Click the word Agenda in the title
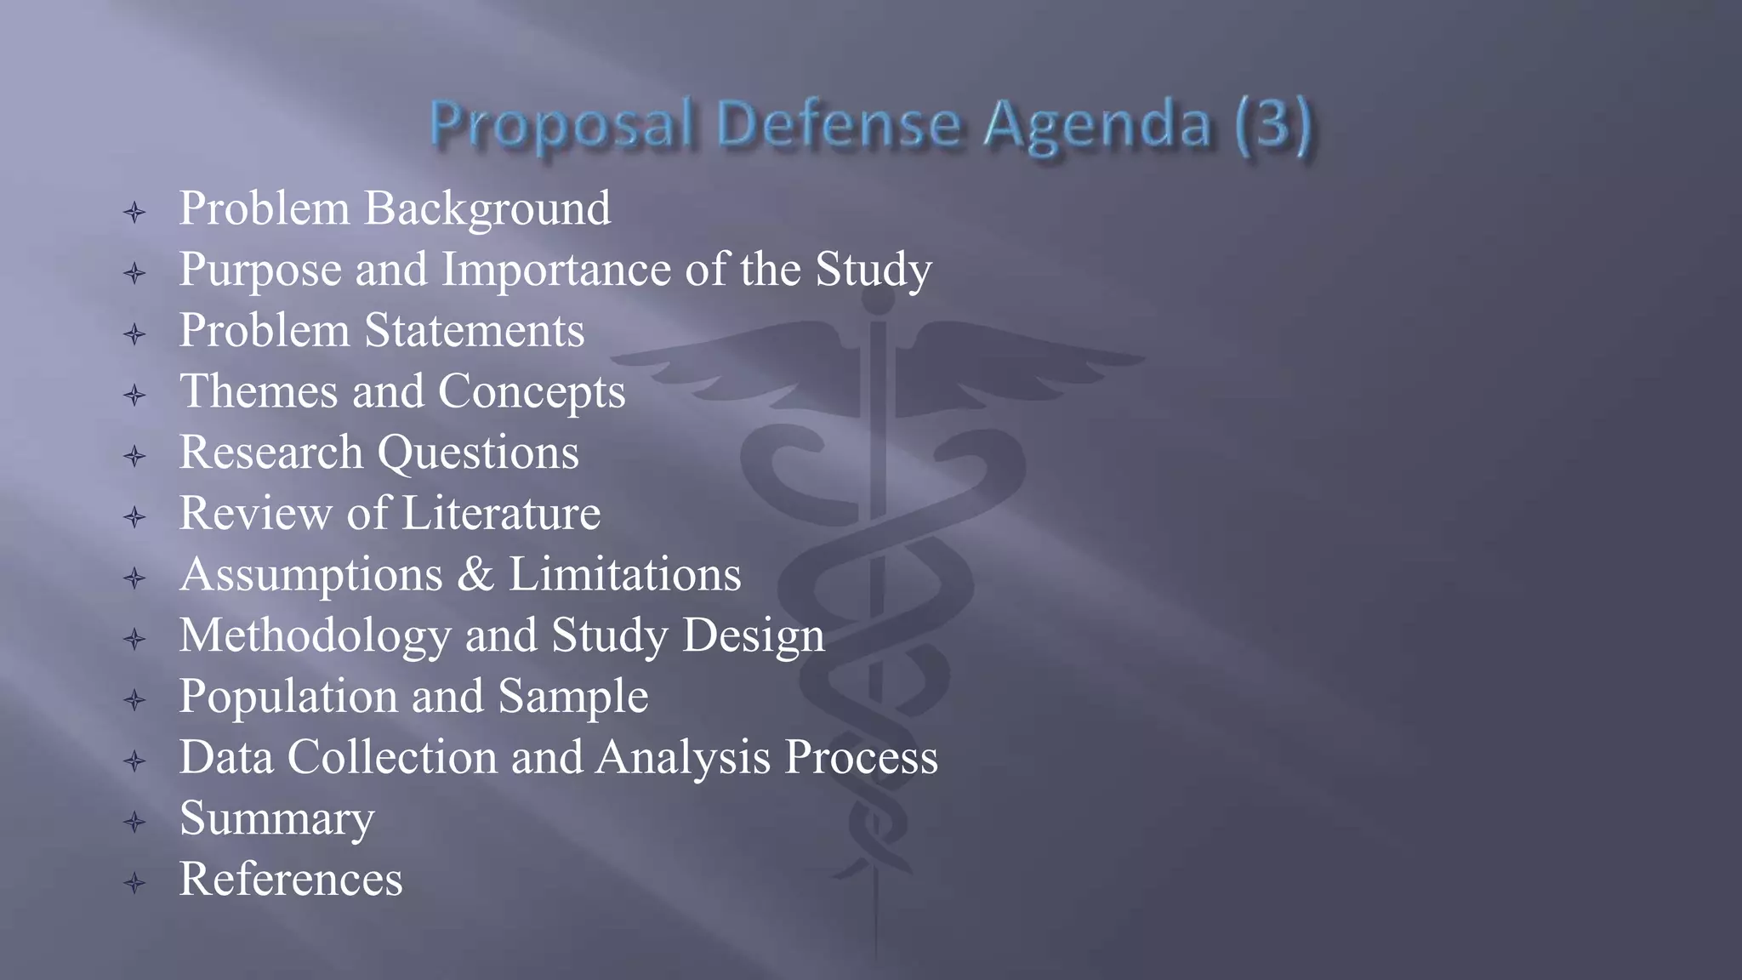click(x=1097, y=125)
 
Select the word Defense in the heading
click(x=840, y=125)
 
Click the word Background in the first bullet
click(x=487, y=209)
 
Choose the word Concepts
click(x=532, y=392)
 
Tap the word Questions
click(x=478, y=453)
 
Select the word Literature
click(x=501, y=514)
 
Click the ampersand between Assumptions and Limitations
click(x=475, y=574)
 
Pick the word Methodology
click(x=315, y=636)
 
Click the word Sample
click(x=572, y=697)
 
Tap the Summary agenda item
click(x=276, y=818)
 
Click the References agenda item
click(x=291, y=880)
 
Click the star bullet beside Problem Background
click(x=134, y=212)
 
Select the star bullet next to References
click(x=134, y=883)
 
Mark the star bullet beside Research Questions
click(x=134, y=456)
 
